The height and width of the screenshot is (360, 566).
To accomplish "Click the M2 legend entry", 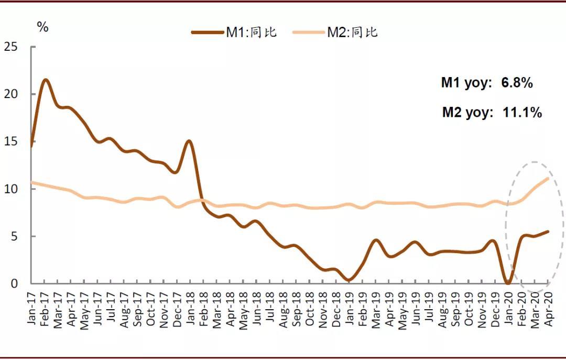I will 335,32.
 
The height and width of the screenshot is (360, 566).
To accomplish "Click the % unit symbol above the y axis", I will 43,27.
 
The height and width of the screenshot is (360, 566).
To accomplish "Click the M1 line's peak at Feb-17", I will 45,80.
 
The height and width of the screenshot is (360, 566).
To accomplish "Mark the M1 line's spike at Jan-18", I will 190,141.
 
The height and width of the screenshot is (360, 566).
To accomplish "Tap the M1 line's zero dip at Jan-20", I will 508,283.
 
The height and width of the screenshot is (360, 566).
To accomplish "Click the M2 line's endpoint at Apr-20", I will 548,178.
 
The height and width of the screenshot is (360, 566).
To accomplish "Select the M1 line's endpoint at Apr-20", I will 548,232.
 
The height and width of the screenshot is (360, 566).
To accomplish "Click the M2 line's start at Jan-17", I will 32,182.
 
